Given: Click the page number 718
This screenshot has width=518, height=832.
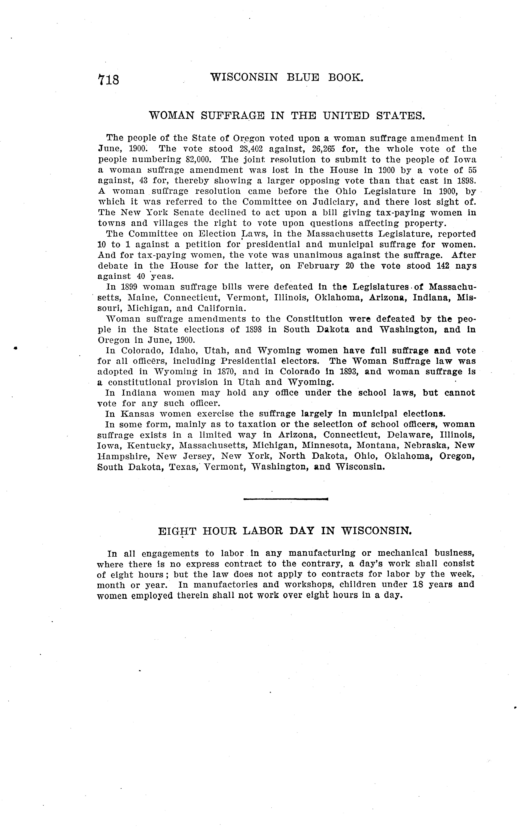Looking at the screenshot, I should pyautogui.click(x=109, y=80).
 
